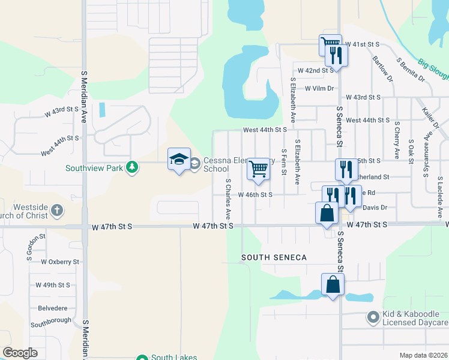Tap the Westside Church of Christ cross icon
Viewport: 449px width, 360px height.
[56, 211]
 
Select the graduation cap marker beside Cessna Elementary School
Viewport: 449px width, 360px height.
[179, 159]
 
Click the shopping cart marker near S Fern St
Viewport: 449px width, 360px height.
[258, 170]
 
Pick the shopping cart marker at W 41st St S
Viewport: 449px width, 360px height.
[330, 44]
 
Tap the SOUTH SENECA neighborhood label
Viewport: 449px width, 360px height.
[274, 257]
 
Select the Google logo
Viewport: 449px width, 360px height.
[20, 353]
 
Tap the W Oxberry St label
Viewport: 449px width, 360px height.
[60, 262]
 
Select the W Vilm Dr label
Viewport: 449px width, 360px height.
[319, 88]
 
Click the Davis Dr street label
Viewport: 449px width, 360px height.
[376, 208]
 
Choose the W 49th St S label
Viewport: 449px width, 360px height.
[53, 285]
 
